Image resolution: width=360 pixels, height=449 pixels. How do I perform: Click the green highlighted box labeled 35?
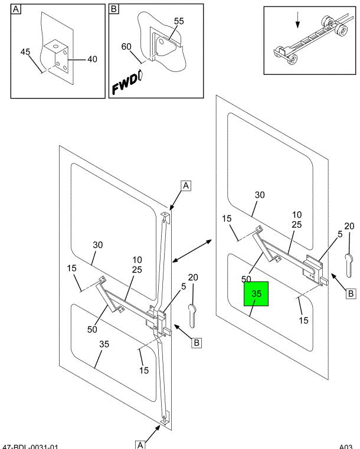pyautogui.click(x=256, y=294)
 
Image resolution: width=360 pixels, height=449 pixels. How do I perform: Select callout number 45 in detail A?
pyautogui.click(x=26, y=52)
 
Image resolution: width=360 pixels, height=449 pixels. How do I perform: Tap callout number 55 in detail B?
pyautogui.click(x=179, y=21)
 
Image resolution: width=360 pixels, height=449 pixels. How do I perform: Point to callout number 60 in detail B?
pyautogui.click(x=126, y=47)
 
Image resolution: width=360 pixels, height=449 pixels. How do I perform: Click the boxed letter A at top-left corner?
pyautogui.click(x=16, y=9)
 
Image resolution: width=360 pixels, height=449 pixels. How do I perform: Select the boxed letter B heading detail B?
pyautogui.click(x=114, y=9)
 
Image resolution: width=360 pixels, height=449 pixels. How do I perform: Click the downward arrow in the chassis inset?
pyautogui.click(x=299, y=21)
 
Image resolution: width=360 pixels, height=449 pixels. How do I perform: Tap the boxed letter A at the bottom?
pyautogui.click(x=140, y=444)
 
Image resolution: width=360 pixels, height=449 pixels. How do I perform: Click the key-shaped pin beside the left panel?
pyautogui.click(x=192, y=314)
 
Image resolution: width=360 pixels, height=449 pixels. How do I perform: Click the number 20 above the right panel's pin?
pyautogui.click(x=349, y=226)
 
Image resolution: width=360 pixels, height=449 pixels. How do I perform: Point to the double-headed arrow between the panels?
pyautogui.click(x=192, y=250)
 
